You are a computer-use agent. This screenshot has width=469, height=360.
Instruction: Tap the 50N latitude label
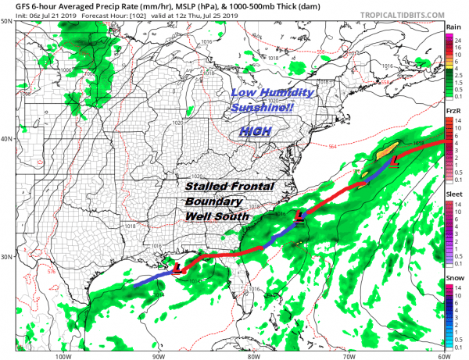point(6,21)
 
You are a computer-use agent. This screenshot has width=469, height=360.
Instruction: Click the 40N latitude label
point(6,138)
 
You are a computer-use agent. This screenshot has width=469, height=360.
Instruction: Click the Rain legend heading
point(453,27)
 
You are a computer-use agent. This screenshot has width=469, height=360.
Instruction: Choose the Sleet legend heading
point(453,198)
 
